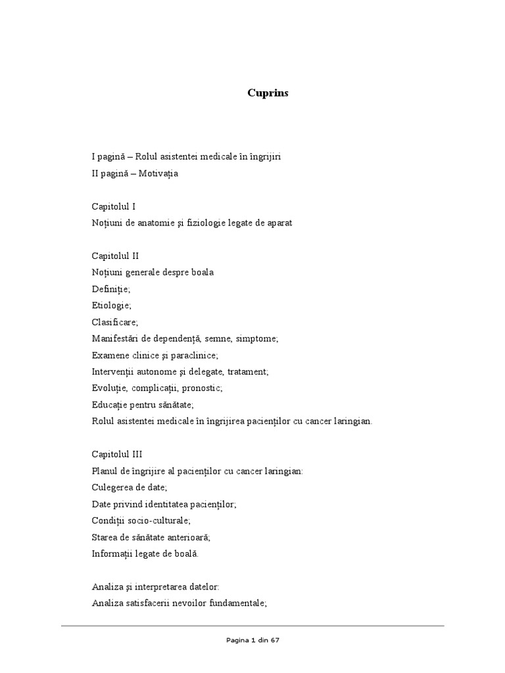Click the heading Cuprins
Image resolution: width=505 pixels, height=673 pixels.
click(268, 93)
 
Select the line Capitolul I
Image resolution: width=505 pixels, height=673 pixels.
click(114, 206)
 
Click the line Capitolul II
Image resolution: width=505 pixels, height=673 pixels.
click(115, 256)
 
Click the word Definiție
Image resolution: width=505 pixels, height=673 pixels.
click(111, 289)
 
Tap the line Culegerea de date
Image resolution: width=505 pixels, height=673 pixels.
click(130, 487)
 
